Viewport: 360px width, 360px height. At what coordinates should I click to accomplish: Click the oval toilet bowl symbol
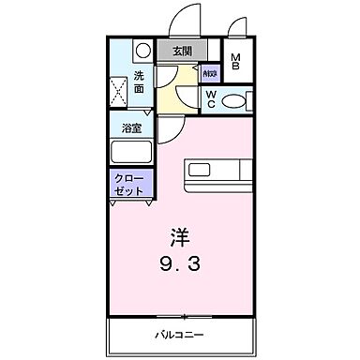tap(237, 99)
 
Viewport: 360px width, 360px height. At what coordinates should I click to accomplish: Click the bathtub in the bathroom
tap(131, 152)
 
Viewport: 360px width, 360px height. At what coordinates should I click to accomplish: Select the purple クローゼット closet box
tap(130, 183)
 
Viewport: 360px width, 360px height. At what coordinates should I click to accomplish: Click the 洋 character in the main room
tap(179, 234)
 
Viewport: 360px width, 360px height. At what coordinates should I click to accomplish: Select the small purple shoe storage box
tap(208, 71)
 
